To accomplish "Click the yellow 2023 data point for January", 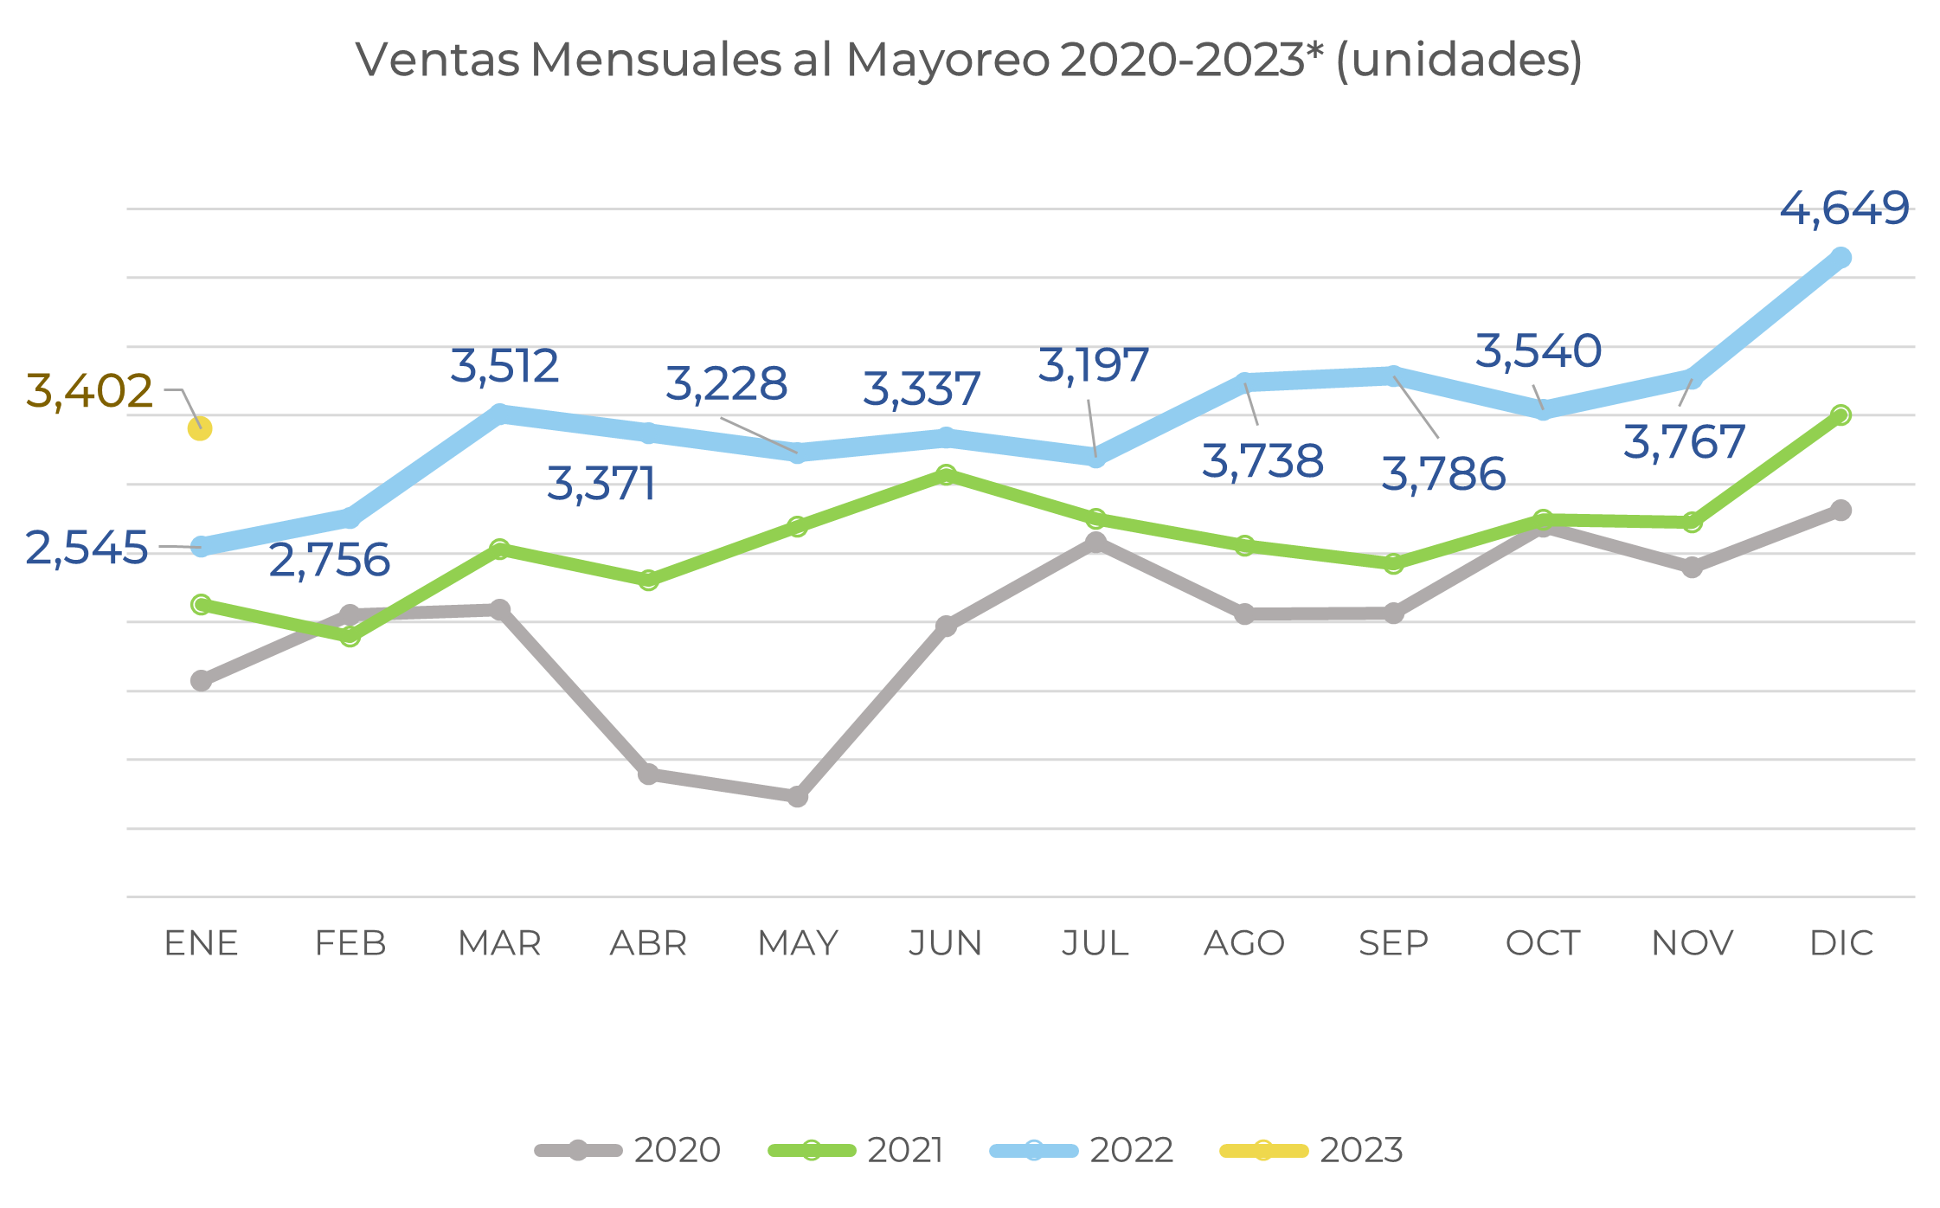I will point(200,428).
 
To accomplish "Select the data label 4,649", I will point(1844,209).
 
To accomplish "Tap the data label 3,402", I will point(89,391).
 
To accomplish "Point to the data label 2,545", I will point(87,549).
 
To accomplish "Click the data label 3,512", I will point(504,366).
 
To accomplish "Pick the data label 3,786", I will point(1443,474).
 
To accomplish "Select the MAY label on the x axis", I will point(798,943).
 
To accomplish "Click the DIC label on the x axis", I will point(1841,943).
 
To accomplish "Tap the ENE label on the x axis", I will point(201,943).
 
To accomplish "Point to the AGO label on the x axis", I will point(1244,943).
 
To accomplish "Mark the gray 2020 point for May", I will point(798,796).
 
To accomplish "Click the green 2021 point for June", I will point(946,474).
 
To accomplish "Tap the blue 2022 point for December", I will point(1841,258).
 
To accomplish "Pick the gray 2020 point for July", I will point(1095,543).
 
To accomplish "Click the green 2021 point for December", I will point(1841,415).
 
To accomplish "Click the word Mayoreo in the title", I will point(948,61).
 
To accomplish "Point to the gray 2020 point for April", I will point(648,774).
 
